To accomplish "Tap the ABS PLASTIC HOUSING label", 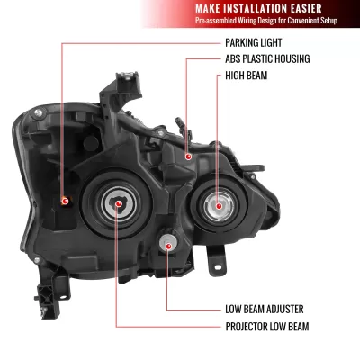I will coord(266,59).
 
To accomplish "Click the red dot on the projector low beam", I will coord(118,204).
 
